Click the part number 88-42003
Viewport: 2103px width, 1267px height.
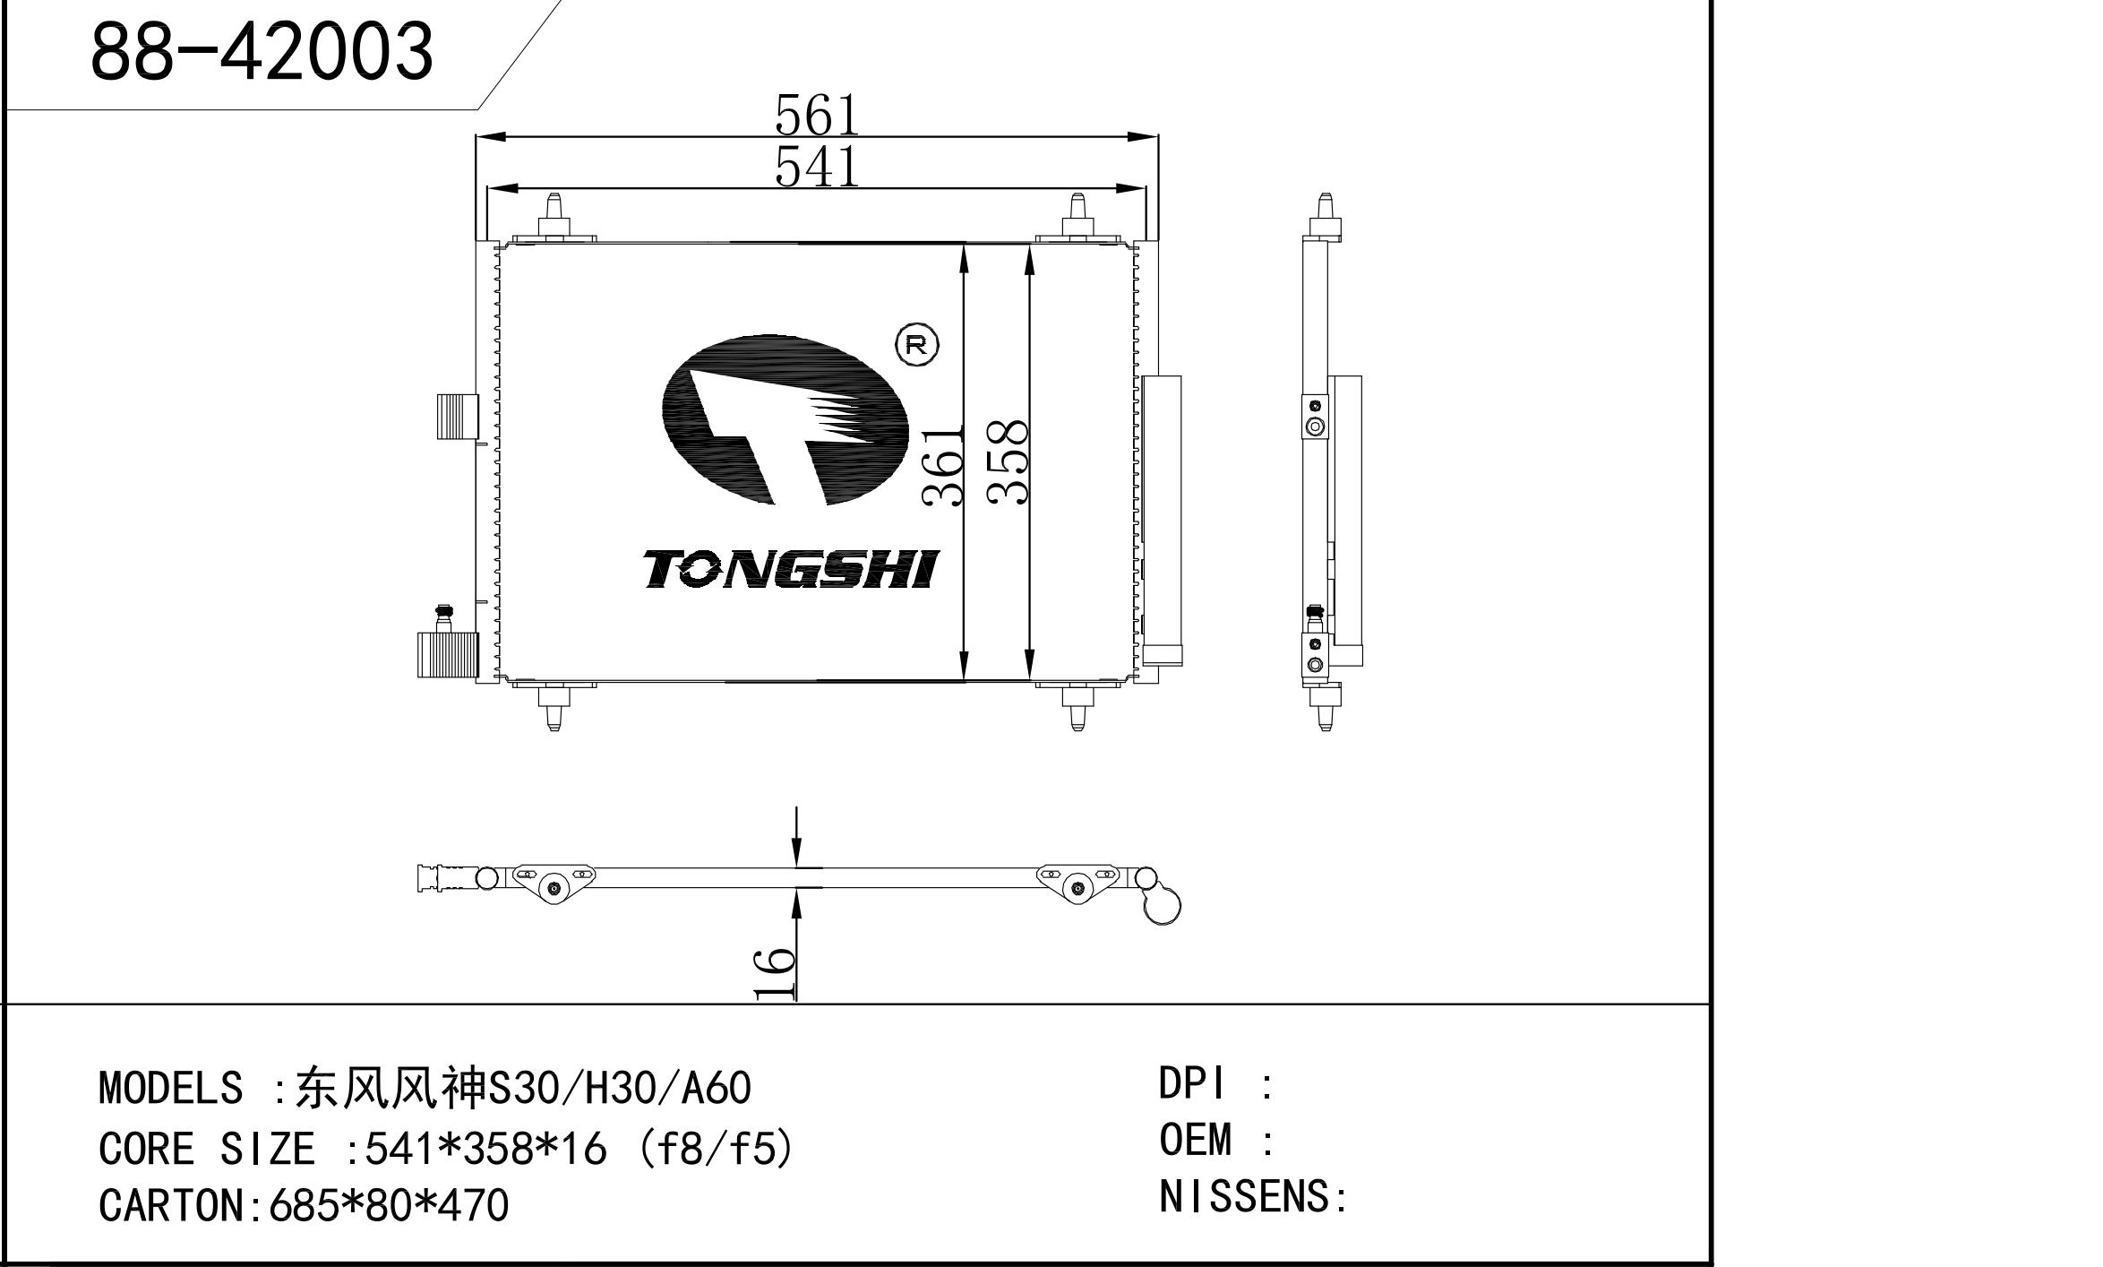pos(262,50)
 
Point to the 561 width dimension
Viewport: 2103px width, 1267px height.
pos(817,116)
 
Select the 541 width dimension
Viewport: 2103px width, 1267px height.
pos(817,167)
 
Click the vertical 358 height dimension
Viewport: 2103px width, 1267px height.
pos(1007,462)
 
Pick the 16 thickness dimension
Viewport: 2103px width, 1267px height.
pos(774,973)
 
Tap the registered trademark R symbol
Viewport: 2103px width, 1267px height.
pos(916,345)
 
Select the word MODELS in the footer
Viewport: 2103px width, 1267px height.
pos(170,1088)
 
